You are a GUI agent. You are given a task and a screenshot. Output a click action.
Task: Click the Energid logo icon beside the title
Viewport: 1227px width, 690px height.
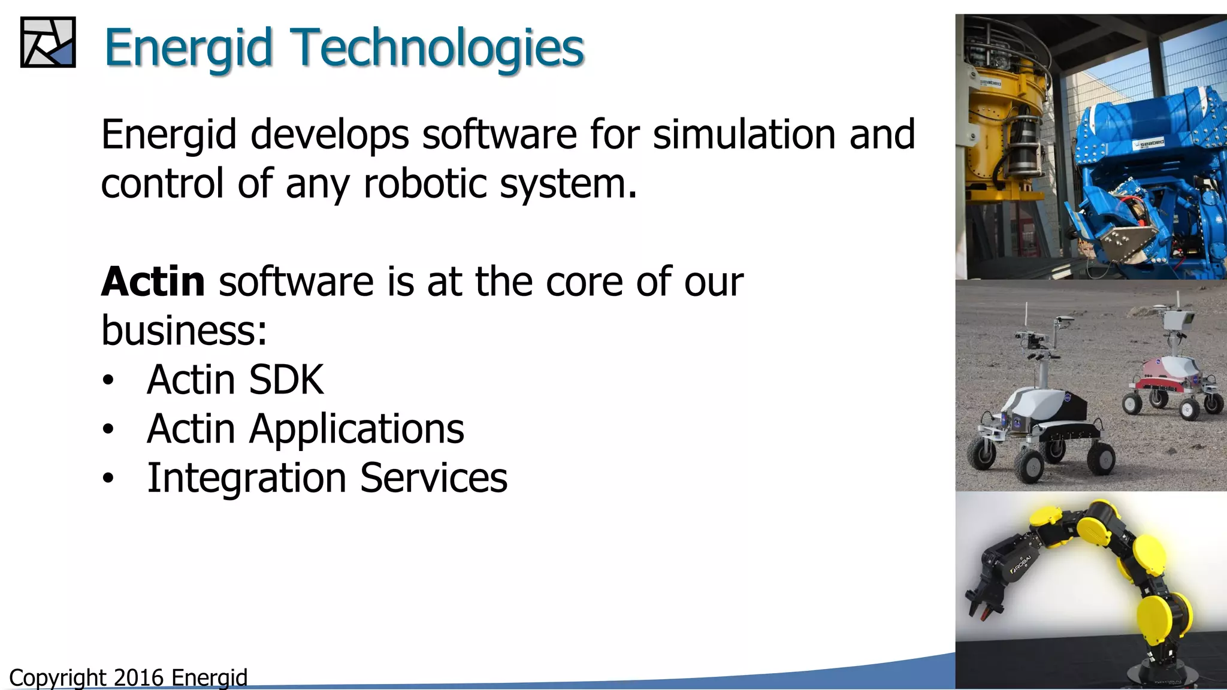tap(48, 42)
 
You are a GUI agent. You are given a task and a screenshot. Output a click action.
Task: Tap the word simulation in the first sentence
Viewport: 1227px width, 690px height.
tap(744, 134)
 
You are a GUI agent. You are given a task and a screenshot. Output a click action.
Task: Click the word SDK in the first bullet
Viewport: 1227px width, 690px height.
tap(286, 379)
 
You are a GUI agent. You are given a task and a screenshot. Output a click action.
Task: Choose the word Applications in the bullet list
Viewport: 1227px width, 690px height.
tap(356, 429)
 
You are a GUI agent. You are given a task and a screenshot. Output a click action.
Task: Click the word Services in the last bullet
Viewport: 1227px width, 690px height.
tap(434, 477)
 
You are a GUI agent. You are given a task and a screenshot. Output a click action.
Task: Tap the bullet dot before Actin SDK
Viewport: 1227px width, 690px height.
tap(108, 380)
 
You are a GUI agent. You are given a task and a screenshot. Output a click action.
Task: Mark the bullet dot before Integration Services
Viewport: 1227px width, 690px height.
tap(108, 479)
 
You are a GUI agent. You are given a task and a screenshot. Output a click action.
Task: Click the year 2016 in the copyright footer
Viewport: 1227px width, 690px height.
tap(138, 677)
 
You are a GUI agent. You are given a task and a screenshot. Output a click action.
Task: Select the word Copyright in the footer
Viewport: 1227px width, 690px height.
tap(58, 677)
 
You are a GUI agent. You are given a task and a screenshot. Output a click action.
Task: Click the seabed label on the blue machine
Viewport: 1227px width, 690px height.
tap(1150, 143)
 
